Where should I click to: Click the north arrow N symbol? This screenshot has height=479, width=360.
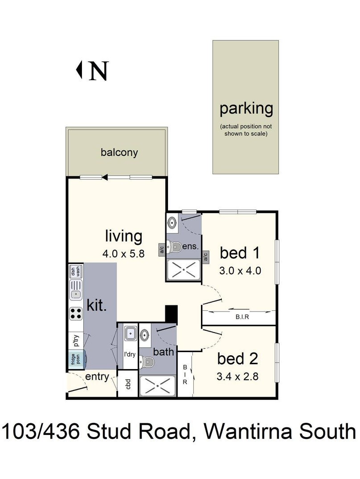tap(92, 70)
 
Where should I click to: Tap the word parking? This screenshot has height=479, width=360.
tap(246, 109)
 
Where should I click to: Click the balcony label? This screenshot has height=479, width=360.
tap(119, 152)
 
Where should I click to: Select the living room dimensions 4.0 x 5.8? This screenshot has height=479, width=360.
tap(123, 254)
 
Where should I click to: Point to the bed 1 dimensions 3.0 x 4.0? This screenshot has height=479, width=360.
tap(240, 271)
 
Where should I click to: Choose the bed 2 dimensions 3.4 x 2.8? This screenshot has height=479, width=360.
tap(237, 376)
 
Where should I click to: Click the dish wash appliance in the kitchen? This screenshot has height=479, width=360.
tap(75, 271)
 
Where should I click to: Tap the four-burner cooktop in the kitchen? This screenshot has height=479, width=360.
tap(76, 313)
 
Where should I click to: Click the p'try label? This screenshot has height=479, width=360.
tap(76, 341)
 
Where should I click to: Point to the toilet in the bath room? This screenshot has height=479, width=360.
tap(147, 362)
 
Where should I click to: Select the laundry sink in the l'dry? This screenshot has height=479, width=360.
tap(131, 333)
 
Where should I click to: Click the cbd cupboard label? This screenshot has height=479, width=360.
tap(128, 384)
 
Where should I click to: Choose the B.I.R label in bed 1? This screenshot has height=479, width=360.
tap(242, 317)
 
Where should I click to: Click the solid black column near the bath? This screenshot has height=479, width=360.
tap(171, 314)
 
